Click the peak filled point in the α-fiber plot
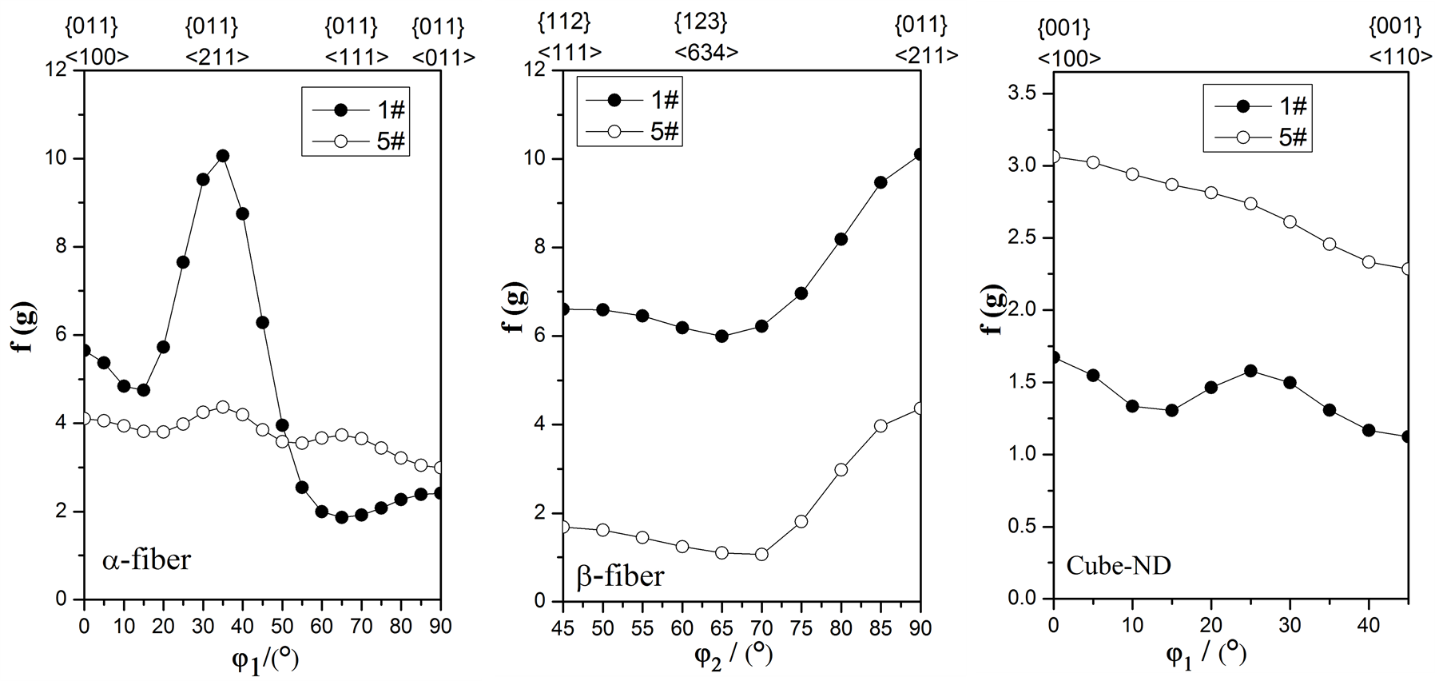[x=222, y=156]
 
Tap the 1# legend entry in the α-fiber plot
[x=356, y=110]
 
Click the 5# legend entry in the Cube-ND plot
[x=1258, y=137]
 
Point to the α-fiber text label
[x=147, y=560]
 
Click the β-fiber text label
[x=620, y=575]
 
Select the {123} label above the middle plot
[x=702, y=22]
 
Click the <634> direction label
[x=706, y=53]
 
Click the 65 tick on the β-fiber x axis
[x=721, y=628]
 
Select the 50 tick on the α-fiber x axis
[x=281, y=627]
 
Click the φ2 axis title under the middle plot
[x=733, y=655]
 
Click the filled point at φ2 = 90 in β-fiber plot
[x=920, y=154]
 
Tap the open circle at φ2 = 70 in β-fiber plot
[x=761, y=554]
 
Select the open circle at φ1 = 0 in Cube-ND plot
[x=1054, y=157]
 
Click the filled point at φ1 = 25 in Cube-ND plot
[x=1250, y=371]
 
